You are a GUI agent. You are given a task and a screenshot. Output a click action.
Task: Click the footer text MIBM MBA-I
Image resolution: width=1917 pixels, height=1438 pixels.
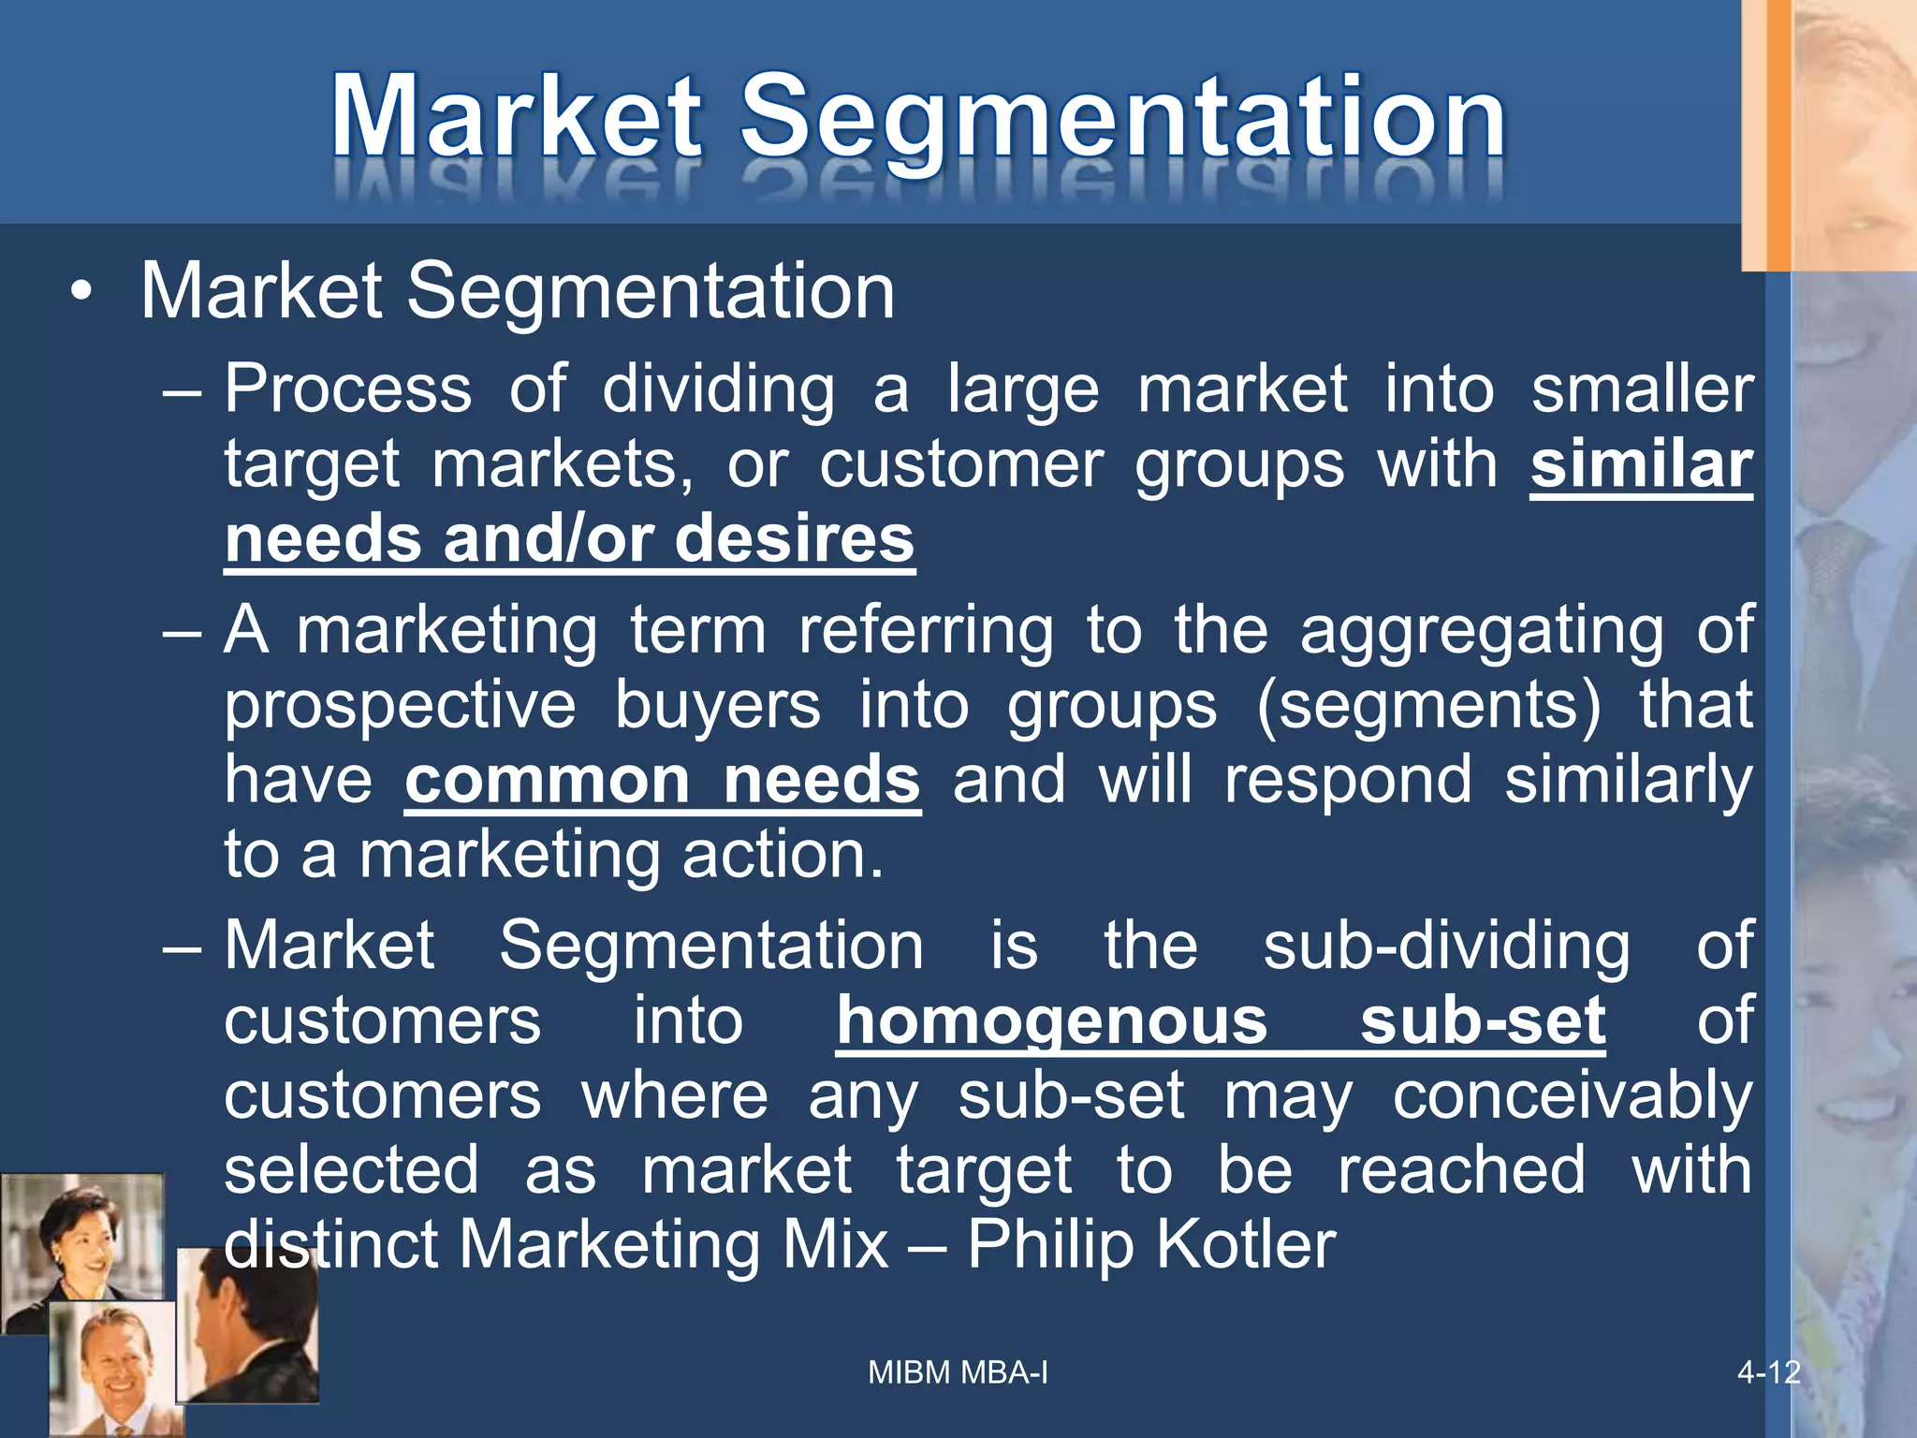coord(958,1372)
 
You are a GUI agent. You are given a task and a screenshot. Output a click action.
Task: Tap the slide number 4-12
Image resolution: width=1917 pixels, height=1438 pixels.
coord(1768,1372)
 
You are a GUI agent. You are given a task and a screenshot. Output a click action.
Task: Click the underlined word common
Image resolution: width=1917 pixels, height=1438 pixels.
coord(546,779)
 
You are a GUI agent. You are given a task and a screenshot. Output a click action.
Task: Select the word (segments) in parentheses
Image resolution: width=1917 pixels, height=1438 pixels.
coord(1427,706)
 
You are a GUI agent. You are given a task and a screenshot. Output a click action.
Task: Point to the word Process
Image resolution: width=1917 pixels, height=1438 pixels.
coord(348,389)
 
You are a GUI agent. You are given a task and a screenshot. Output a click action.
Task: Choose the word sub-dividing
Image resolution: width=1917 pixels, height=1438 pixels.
coord(1446,946)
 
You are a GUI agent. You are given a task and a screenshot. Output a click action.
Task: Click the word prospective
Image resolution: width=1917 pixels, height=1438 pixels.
coord(401,706)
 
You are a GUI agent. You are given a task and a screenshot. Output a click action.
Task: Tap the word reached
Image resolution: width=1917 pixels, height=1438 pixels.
coord(1461,1170)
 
